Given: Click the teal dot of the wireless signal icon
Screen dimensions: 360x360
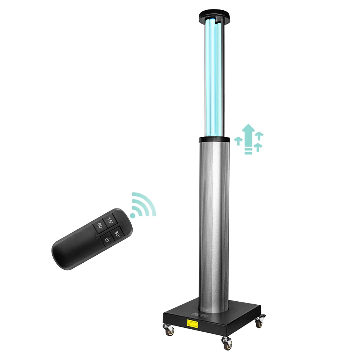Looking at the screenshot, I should tap(133, 215).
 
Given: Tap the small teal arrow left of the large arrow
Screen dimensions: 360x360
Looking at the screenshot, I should tap(238, 141).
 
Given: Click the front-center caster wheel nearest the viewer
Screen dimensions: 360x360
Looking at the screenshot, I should tap(226, 343).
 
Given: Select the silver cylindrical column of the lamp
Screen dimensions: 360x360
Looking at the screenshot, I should tap(214, 220).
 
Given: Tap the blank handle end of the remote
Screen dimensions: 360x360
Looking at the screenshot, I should tap(70, 254).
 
